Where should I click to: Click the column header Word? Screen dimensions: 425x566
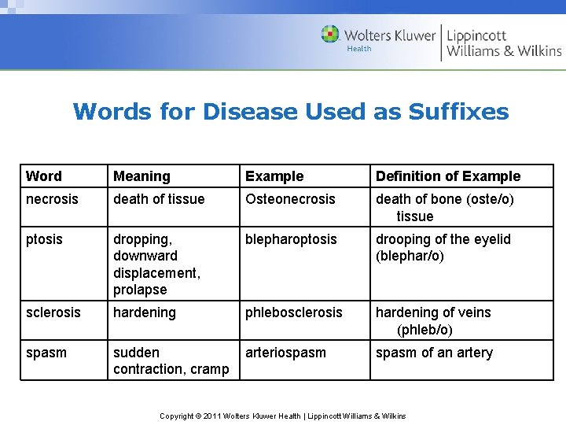[x=43, y=176]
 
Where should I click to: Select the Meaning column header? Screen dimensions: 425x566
[x=141, y=176]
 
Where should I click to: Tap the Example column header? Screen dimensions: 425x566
[x=274, y=176]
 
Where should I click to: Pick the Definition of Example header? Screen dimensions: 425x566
[x=448, y=176]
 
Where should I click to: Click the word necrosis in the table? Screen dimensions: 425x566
[x=52, y=199]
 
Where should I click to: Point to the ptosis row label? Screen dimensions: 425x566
[x=45, y=239]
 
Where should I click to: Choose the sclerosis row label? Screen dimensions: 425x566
[x=53, y=312]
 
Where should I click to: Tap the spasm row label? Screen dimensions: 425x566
[x=46, y=353]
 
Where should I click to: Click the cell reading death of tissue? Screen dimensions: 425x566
[x=159, y=199]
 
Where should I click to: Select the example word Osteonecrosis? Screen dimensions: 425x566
[x=290, y=199]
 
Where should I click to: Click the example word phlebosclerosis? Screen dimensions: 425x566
[x=294, y=312]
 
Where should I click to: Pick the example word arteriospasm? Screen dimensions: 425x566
[x=285, y=353]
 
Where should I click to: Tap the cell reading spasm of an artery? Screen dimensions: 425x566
[x=434, y=353]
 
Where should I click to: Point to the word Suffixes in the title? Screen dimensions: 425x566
[x=458, y=112]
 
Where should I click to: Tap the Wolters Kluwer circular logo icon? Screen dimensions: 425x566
[x=330, y=35]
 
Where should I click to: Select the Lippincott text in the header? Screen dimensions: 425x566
[x=476, y=36]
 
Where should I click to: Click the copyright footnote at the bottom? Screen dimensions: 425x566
[x=283, y=416]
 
